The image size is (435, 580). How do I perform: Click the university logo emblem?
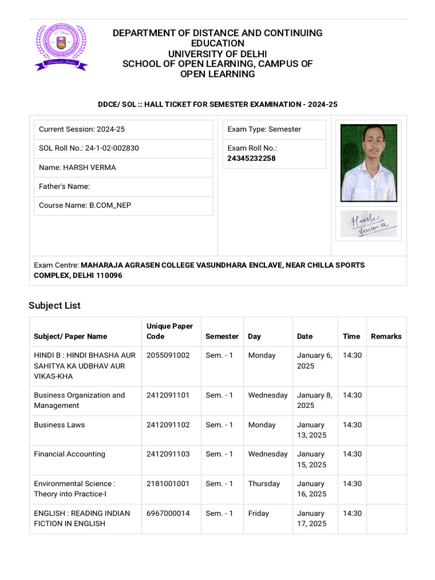coord(61,47)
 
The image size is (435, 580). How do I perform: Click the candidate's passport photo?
coord(368,163)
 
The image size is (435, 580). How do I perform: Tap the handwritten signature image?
coord(368,223)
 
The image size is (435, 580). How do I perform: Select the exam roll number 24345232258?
coord(251,159)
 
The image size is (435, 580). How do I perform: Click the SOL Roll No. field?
coord(89,148)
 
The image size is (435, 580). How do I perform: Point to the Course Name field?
coord(85,205)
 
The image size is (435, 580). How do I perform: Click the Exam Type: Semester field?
coord(265,129)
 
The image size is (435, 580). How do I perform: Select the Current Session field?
coord(82,129)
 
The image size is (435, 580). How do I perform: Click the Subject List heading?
coord(54,305)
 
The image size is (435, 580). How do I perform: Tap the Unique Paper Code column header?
coord(169,331)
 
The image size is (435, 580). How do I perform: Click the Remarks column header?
coord(386,336)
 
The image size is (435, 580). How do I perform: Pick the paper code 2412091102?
coord(168,425)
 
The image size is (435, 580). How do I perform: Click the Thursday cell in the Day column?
coord(264,484)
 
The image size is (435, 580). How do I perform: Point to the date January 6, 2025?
coord(314,361)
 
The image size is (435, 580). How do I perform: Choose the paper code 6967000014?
coord(168,513)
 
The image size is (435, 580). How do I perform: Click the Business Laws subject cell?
coord(59,425)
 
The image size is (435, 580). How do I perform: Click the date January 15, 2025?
coord(312,459)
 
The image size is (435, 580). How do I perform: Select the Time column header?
coord(351,336)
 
